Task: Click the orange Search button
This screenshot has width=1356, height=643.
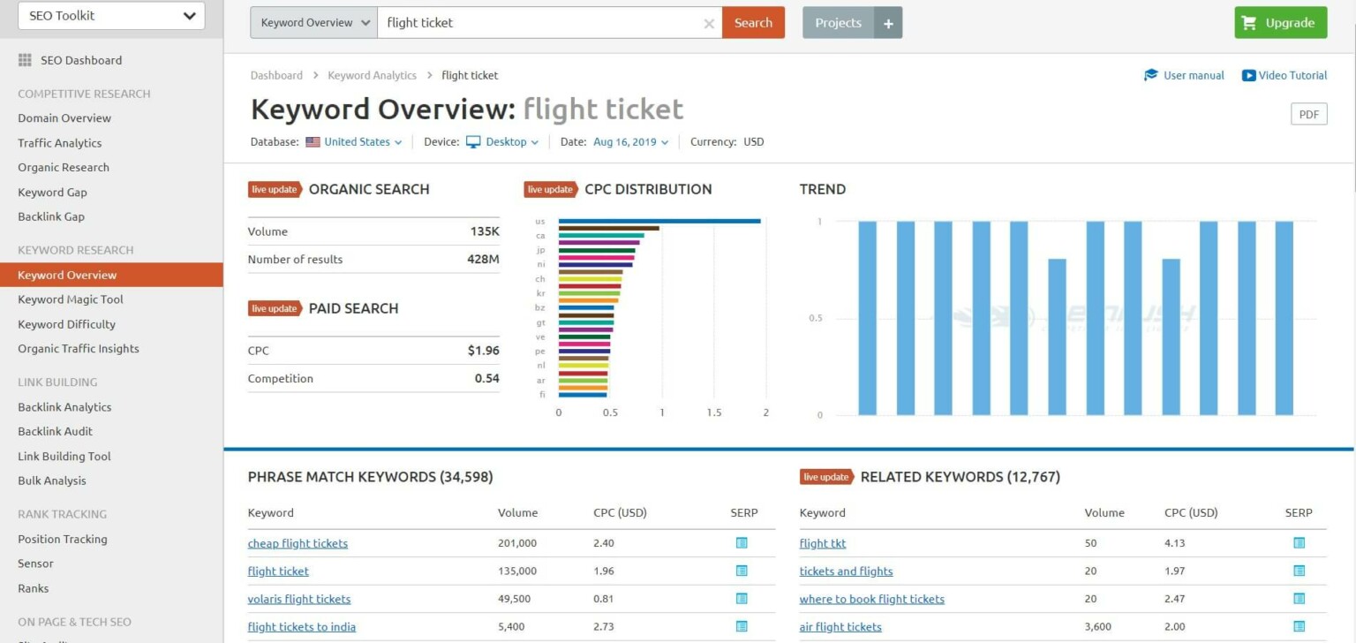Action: (752, 23)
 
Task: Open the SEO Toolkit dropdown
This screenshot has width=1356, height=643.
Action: (111, 16)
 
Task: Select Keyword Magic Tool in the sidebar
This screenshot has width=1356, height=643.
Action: (71, 299)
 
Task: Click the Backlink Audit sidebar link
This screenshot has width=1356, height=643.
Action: (55, 431)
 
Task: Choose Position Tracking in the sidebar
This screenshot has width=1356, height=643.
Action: (62, 539)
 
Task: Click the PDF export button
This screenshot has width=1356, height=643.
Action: (1308, 114)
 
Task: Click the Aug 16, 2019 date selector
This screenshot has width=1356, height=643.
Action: (630, 141)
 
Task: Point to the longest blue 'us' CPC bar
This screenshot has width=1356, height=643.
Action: (659, 221)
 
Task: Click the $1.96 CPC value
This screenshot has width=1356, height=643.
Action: (483, 351)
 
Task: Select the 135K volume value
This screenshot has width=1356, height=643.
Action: (485, 231)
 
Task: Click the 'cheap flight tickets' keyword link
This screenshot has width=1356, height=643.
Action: (298, 543)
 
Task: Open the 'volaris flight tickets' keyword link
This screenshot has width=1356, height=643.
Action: (299, 599)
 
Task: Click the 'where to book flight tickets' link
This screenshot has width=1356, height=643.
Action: (871, 599)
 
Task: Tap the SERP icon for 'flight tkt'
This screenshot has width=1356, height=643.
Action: (1299, 543)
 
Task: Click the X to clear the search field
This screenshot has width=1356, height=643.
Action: (709, 24)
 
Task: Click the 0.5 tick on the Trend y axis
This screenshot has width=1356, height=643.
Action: (815, 318)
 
